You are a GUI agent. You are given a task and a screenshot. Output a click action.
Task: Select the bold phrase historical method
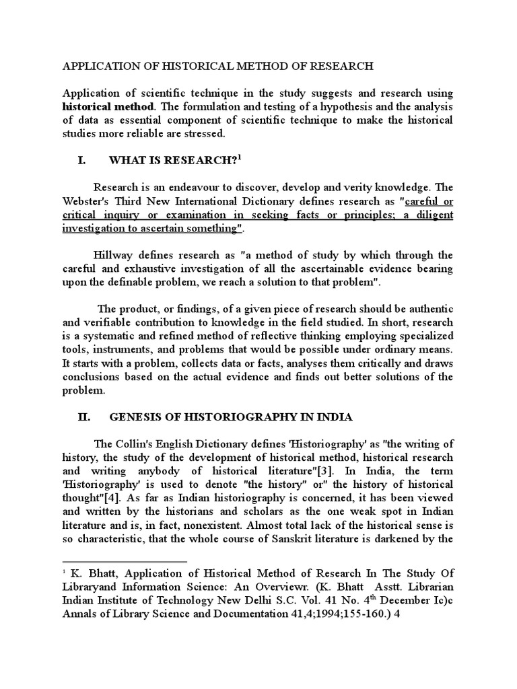click(108, 106)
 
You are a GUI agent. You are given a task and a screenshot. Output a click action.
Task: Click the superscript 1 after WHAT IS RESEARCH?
click(239, 156)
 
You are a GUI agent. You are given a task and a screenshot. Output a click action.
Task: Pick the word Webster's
click(89, 201)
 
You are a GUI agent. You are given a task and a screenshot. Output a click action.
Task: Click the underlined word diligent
click(434, 215)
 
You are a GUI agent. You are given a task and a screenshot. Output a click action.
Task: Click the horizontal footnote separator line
click(125, 560)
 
